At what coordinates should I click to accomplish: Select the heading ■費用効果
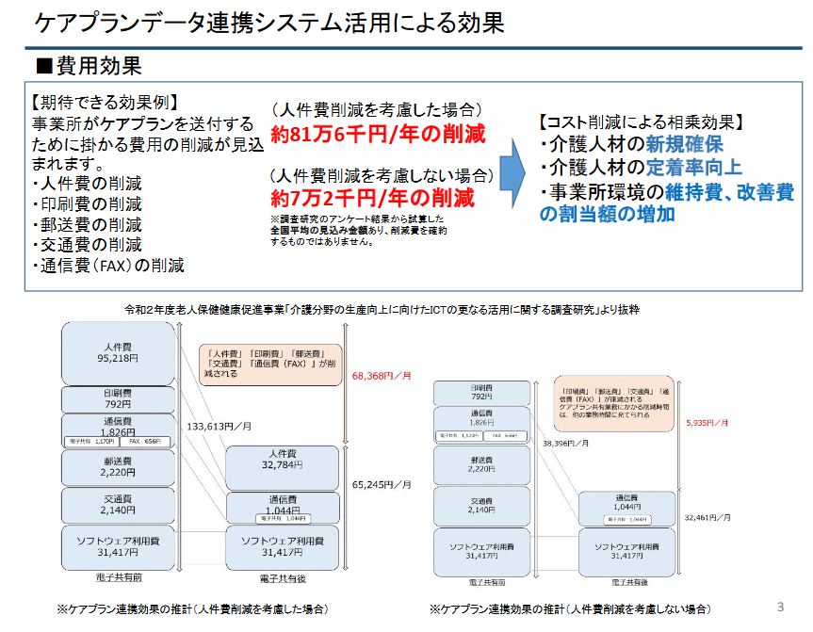point(89,66)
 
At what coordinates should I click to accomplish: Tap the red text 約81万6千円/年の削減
point(378,134)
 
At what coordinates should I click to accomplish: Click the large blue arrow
point(511,170)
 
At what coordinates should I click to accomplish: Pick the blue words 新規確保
point(684,144)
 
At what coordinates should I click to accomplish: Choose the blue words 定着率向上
point(693,168)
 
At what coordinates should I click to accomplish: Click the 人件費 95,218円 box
point(120,352)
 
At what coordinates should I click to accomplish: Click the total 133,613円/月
point(216,426)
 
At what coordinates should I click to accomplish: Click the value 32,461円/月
point(707,517)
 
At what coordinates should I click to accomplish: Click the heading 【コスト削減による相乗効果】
point(641,122)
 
